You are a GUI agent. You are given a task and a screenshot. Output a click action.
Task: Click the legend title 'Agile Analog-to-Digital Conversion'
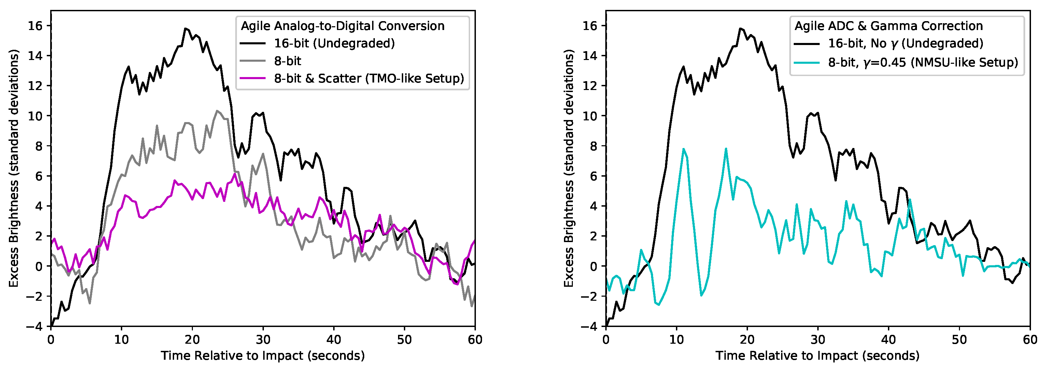[x=342, y=26]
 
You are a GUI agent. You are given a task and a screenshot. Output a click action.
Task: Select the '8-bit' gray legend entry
[x=287, y=61]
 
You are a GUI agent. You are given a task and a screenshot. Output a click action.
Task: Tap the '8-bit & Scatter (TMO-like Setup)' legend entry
[x=368, y=78]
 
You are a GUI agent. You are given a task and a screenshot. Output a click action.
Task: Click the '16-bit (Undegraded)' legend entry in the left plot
[x=334, y=43]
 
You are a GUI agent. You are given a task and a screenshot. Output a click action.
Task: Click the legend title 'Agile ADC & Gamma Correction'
[x=888, y=26]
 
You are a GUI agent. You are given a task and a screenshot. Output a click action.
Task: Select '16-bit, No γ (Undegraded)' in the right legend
[x=905, y=43]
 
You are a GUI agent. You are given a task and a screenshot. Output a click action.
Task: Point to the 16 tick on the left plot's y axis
[x=35, y=26]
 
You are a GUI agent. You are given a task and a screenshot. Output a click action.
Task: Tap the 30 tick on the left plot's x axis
[x=263, y=340]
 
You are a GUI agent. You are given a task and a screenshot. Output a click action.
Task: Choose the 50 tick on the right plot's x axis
[x=959, y=340]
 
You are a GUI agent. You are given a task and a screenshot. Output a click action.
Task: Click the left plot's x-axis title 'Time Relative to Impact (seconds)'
[x=263, y=356]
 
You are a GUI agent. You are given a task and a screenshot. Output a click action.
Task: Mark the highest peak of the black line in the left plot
[x=185, y=28]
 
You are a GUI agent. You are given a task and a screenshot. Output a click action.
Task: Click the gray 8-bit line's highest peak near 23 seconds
[x=217, y=110]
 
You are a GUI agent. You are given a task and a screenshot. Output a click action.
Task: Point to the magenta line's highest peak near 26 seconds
[x=235, y=174]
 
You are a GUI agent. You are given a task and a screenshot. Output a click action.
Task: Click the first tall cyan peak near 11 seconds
[x=684, y=149]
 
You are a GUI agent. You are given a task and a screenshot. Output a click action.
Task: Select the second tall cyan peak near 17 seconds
[x=726, y=149]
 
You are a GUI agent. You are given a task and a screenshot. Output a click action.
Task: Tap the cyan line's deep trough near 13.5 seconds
[x=701, y=295]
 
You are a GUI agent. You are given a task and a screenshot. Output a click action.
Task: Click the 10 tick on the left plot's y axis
[x=35, y=116]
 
